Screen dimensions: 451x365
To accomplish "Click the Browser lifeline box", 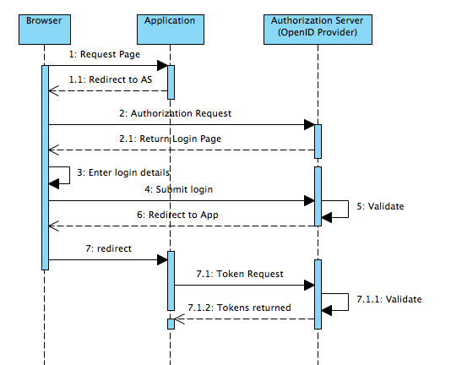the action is (45, 30).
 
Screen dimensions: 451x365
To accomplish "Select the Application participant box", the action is (171, 30).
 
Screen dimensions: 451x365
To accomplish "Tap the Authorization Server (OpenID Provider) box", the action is (318, 30).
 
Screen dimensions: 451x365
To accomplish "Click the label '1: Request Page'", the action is (105, 54).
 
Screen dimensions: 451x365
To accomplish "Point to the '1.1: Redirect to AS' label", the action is (111, 79).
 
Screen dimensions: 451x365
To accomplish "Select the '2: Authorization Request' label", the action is (175, 113).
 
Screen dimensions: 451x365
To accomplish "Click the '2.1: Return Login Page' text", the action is (170, 139).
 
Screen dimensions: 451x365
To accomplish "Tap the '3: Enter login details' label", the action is (123, 172).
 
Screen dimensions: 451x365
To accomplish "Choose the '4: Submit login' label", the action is (178, 189).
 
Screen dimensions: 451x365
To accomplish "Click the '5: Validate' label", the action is (380, 206).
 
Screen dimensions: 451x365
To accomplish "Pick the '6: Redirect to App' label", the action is (177, 215).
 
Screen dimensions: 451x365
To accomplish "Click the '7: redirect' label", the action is (108, 248).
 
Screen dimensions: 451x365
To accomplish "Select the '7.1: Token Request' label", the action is (240, 274).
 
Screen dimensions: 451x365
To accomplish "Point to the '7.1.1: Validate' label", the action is (389, 299).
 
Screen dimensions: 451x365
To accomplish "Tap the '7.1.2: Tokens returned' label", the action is (239, 308).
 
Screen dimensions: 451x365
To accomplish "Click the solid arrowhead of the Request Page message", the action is (162, 66).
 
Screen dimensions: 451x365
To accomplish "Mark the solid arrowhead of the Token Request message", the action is (309, 286).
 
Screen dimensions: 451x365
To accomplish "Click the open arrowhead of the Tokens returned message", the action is (179, 319).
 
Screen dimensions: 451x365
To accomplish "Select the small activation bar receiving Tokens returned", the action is (171, 324).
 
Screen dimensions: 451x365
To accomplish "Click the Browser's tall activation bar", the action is (45, 167).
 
